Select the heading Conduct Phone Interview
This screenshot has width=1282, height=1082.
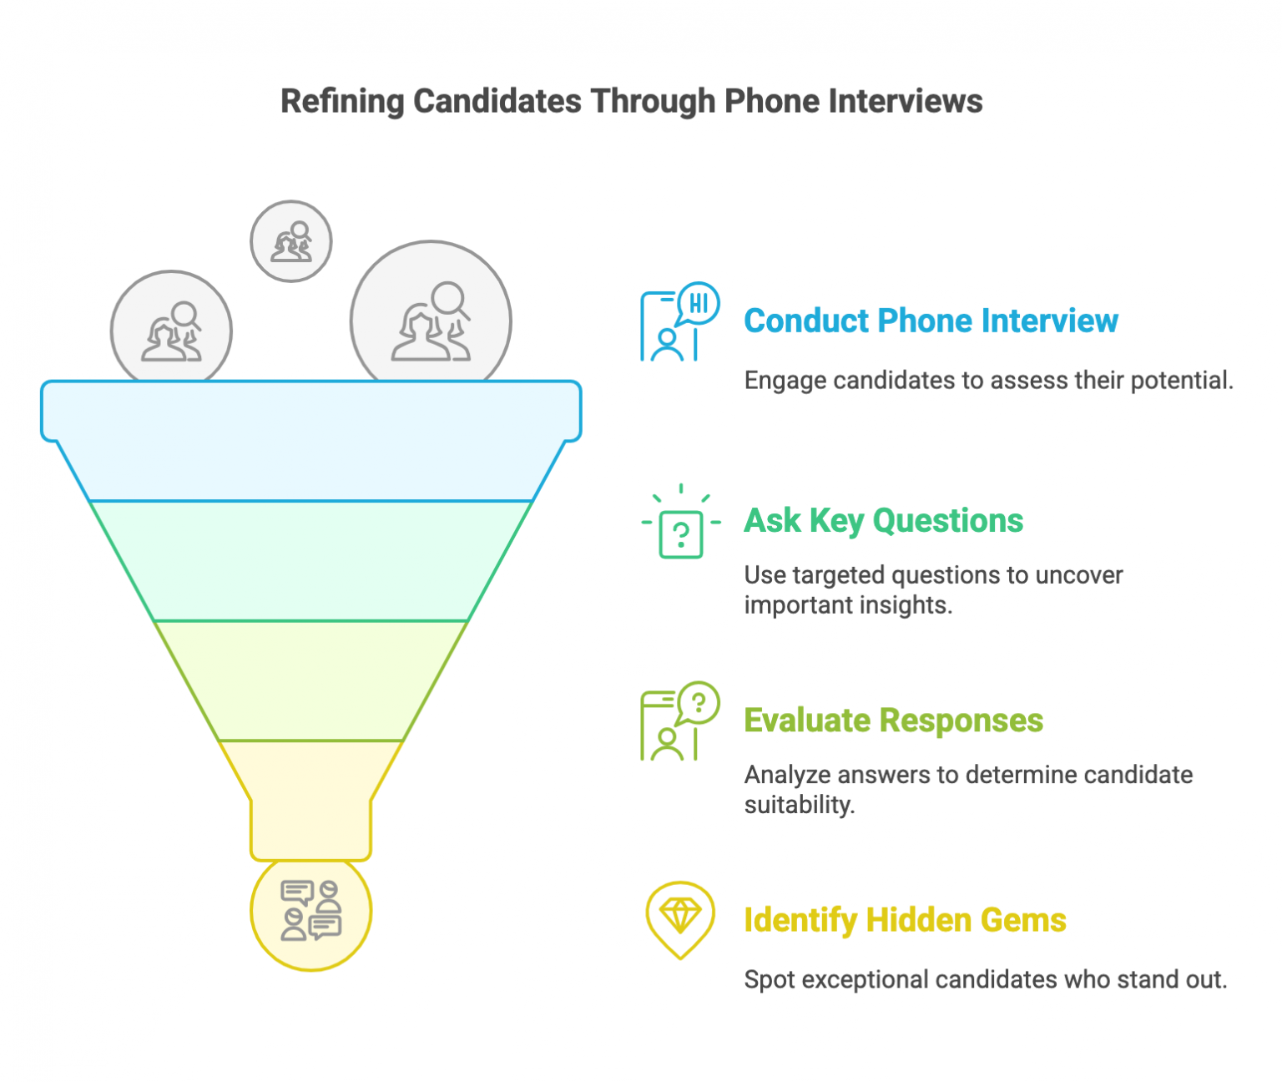[931, 321]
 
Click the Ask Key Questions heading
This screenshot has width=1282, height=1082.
[883, 521]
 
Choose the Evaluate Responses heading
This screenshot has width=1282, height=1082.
[893, 720]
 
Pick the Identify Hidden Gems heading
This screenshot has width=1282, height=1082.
[905, 920]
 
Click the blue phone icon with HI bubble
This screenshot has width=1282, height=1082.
[679, 322]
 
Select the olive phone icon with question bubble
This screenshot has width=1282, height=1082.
[679, 721]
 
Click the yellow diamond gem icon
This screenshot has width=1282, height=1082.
[680, 918]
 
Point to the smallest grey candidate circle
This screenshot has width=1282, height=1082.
[291, 241]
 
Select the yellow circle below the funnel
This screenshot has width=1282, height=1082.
[311, 913]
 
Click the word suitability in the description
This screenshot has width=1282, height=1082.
[800, 805]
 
